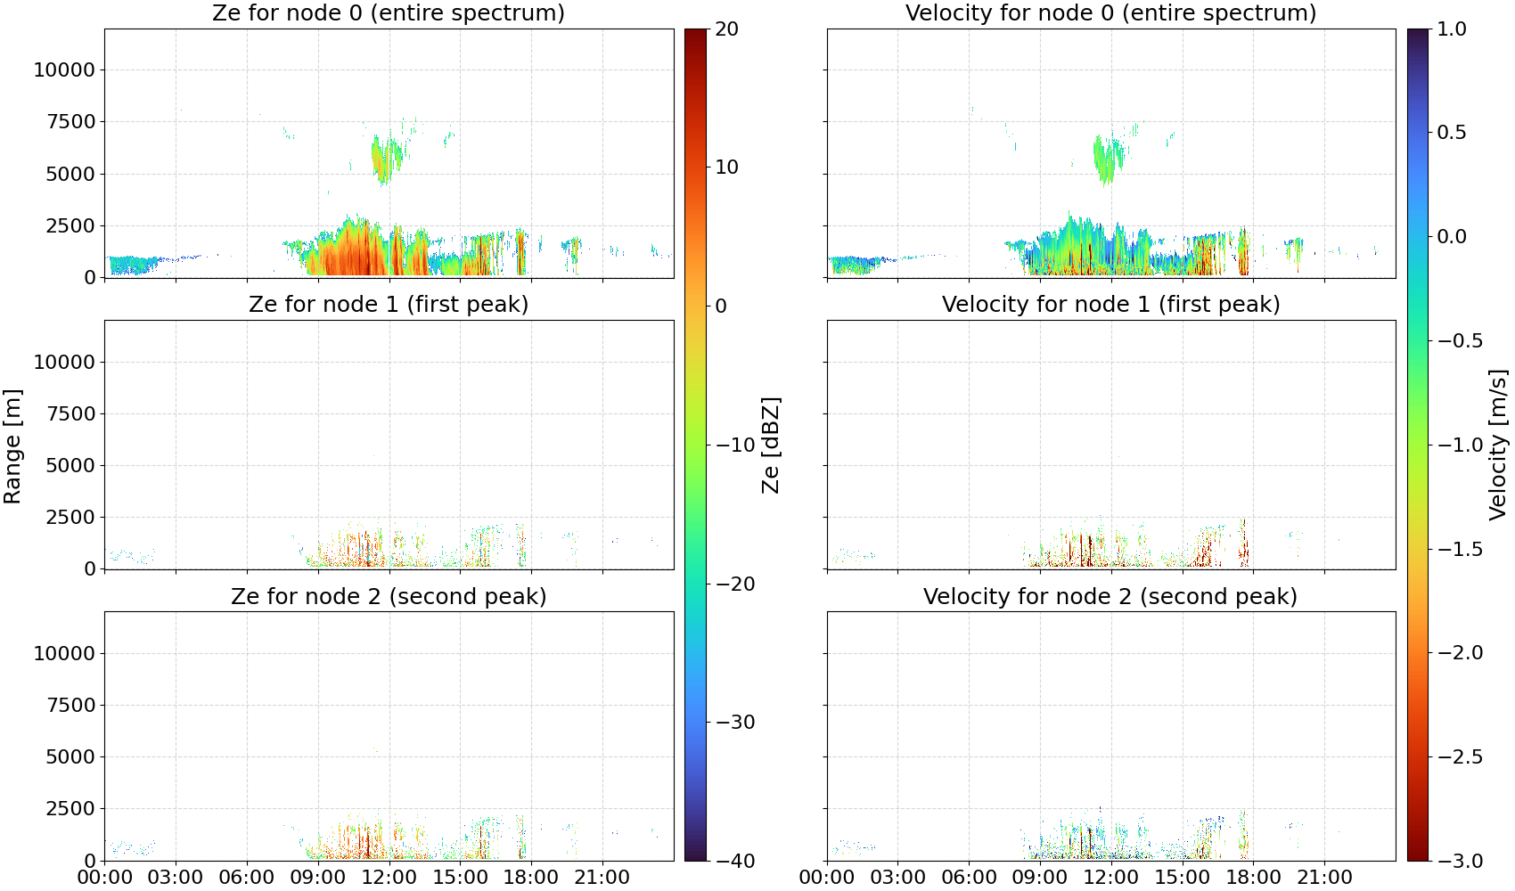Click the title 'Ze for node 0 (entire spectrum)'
(389, 12)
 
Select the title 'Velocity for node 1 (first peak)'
(1110, 304)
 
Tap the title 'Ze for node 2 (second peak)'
(389, 596)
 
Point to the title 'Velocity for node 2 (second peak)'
(1110, 596)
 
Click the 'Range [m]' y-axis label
(12, 445)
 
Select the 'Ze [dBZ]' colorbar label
(770, 445)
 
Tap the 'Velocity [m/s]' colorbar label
(1498, 444)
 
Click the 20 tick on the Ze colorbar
(726, 29)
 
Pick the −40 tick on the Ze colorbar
(734, 861)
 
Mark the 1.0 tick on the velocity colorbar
(1452, 29)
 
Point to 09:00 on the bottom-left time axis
(318, 878)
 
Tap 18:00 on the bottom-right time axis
(1253, 878)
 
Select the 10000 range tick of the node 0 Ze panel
(64, 69)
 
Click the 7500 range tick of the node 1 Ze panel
(70, 413)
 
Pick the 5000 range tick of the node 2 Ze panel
(70, 756)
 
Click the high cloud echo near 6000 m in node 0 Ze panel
(387, 157)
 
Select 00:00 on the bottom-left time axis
(105, 878)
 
